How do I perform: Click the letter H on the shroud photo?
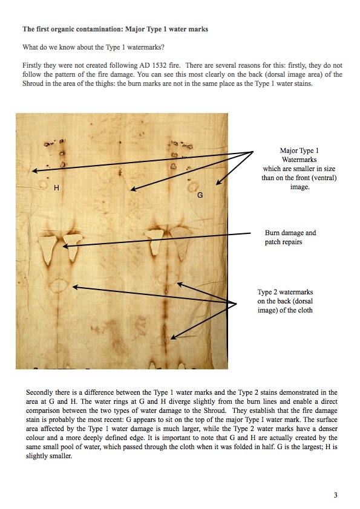tap(56, 187)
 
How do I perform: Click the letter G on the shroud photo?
tap(200, 195)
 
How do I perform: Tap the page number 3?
tap(336, 495)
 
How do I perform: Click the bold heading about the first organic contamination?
tap(116, 29)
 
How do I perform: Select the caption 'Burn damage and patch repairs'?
tap(290, 238)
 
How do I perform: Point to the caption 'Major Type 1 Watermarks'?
tap(299, 155)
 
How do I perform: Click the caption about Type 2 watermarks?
tap(285, 301)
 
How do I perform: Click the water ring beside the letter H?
tap(42, 184)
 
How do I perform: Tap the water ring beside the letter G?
tap(194, 187)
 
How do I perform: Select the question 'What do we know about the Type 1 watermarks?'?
tap(94, 47)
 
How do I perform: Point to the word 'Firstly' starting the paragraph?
tap(32, 65)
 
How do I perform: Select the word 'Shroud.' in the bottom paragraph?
tap(214, 410)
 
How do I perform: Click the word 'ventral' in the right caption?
tap(325, 178)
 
